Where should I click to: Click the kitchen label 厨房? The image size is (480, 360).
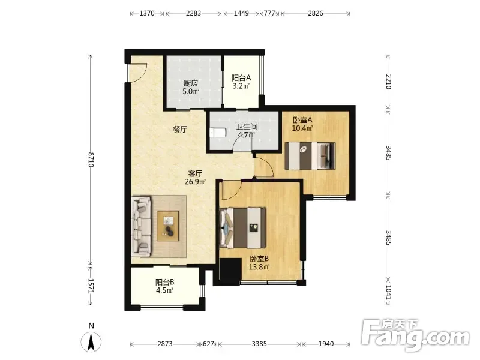point(191,83)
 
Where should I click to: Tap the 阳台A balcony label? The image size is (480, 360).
point(241,78)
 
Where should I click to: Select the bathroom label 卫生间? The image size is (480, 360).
point(247,127)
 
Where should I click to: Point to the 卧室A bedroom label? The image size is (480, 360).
point(302,119)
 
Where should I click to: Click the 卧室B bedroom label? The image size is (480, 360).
point(259,259)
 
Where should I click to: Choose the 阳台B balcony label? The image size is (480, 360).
point(164,282)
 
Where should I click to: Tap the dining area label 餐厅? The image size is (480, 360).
point(180,130)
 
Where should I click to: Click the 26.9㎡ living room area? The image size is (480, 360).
point(195,182)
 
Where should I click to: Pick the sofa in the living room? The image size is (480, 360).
point(141,226)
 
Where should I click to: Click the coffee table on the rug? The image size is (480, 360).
point(168,226)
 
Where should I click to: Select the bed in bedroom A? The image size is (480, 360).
point(310,156)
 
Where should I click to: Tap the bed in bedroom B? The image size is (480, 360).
point(243,228)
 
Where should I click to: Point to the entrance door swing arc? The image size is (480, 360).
point(141,75)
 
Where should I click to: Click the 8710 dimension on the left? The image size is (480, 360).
point(91,159)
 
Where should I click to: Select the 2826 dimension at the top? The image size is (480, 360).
point(316,13)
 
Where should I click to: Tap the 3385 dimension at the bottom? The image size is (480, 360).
point(259,344)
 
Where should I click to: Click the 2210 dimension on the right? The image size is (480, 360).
point(388,82)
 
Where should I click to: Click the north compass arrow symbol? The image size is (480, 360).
point(91,341)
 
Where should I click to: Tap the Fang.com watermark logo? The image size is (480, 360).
point(415,335)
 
